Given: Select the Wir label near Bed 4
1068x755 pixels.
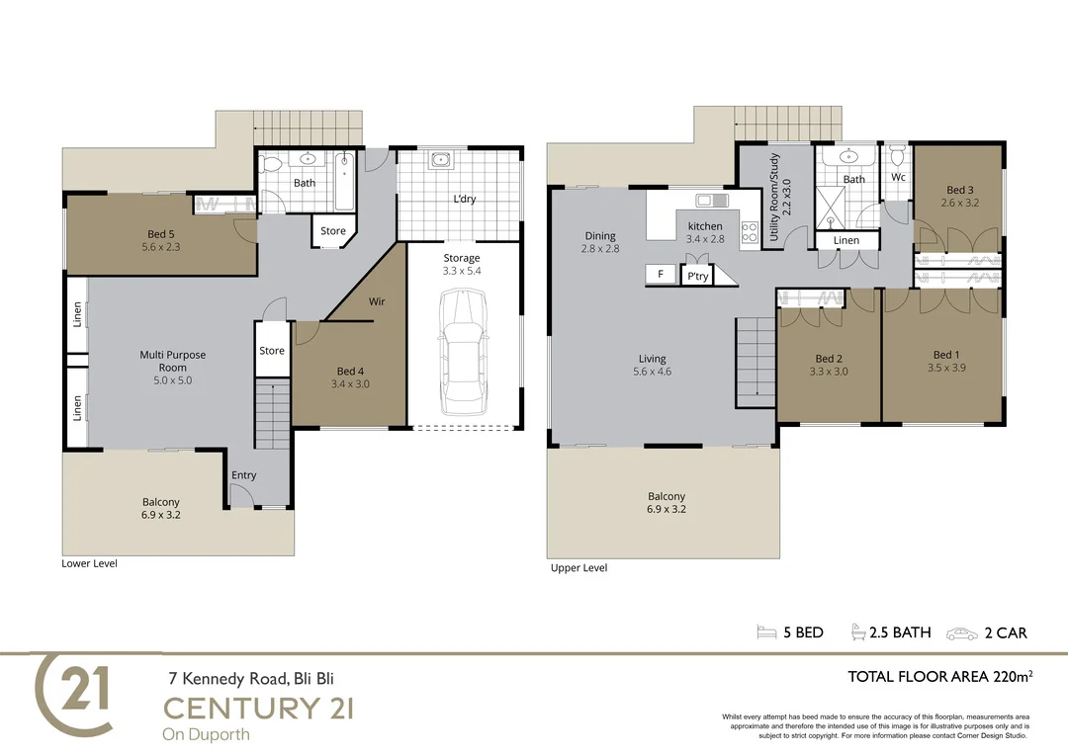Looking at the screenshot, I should [x=377, y=301].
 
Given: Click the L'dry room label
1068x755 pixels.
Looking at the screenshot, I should [x=464, y=199].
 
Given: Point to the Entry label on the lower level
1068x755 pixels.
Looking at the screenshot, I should [x=243, y=475].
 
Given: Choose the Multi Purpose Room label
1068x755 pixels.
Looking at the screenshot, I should [x=173, y=361].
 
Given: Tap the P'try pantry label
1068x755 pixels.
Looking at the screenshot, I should [x=697, y=277].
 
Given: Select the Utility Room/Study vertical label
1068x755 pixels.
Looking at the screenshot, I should [x=781, y=183].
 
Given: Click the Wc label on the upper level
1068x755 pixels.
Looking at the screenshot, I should [x=898, y=178].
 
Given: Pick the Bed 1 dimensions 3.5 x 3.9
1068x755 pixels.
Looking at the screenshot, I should [x=944, y=368].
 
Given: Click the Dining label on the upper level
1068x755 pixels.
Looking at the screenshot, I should [x=599, y=236].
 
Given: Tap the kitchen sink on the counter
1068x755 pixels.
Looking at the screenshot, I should [x=706, y=201].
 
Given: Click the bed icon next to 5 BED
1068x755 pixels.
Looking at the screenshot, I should [x=765, y=632].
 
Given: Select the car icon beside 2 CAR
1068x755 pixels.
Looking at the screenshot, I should [x=962, y=632].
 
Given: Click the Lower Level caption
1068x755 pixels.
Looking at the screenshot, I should [x=89, y=564].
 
